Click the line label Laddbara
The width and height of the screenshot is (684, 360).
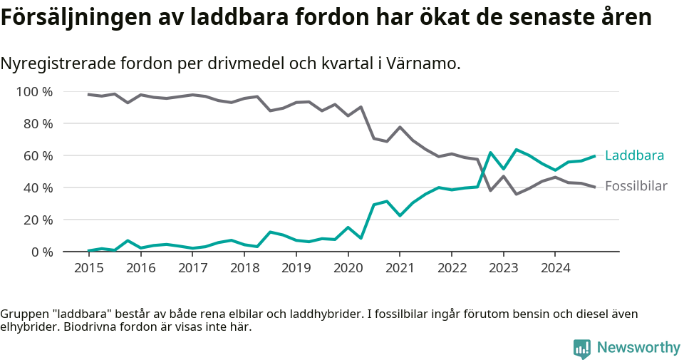634,155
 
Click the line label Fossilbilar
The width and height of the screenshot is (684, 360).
636,187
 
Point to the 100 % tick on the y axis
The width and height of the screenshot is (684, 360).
34,91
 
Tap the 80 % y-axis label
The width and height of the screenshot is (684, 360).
37,123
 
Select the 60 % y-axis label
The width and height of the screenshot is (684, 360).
37,155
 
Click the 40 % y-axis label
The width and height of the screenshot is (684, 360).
37,187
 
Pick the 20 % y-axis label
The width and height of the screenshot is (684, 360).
37,220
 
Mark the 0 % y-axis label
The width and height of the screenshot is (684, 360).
41,252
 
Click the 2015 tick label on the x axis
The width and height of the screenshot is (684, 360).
88,268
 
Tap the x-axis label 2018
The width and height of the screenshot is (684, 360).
244,268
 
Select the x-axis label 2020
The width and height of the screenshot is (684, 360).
348,268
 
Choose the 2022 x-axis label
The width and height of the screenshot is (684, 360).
452,268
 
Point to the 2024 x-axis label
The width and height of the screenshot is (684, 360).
556,268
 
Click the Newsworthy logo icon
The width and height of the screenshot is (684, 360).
581,348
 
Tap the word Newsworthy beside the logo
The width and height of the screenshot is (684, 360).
638,348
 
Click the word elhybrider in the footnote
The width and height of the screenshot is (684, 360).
28,327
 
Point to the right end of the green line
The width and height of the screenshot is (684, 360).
595,156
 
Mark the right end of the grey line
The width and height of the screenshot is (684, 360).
595,187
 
